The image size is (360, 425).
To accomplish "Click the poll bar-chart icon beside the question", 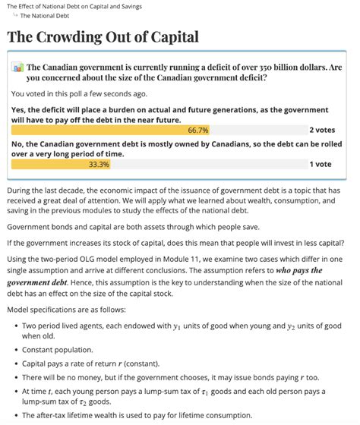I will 17,68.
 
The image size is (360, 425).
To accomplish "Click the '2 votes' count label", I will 322,130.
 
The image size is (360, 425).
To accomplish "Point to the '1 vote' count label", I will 320,164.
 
